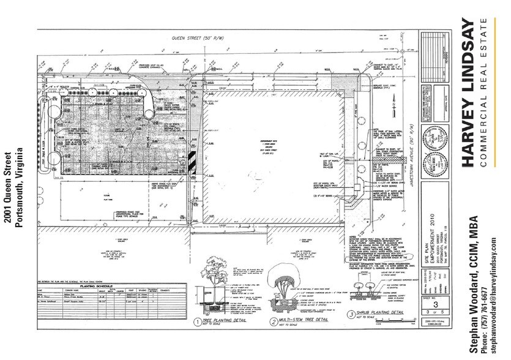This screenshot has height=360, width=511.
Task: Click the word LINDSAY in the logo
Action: pos(468,58)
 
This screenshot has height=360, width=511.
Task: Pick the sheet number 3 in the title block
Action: pos(435,306)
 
